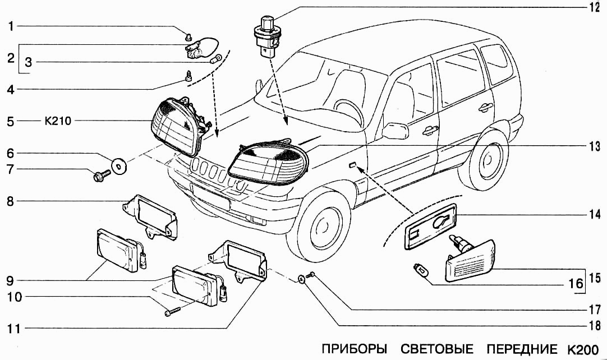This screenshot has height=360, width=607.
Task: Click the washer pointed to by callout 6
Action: [119, 164]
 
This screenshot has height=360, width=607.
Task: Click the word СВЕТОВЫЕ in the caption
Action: [437, 348]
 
